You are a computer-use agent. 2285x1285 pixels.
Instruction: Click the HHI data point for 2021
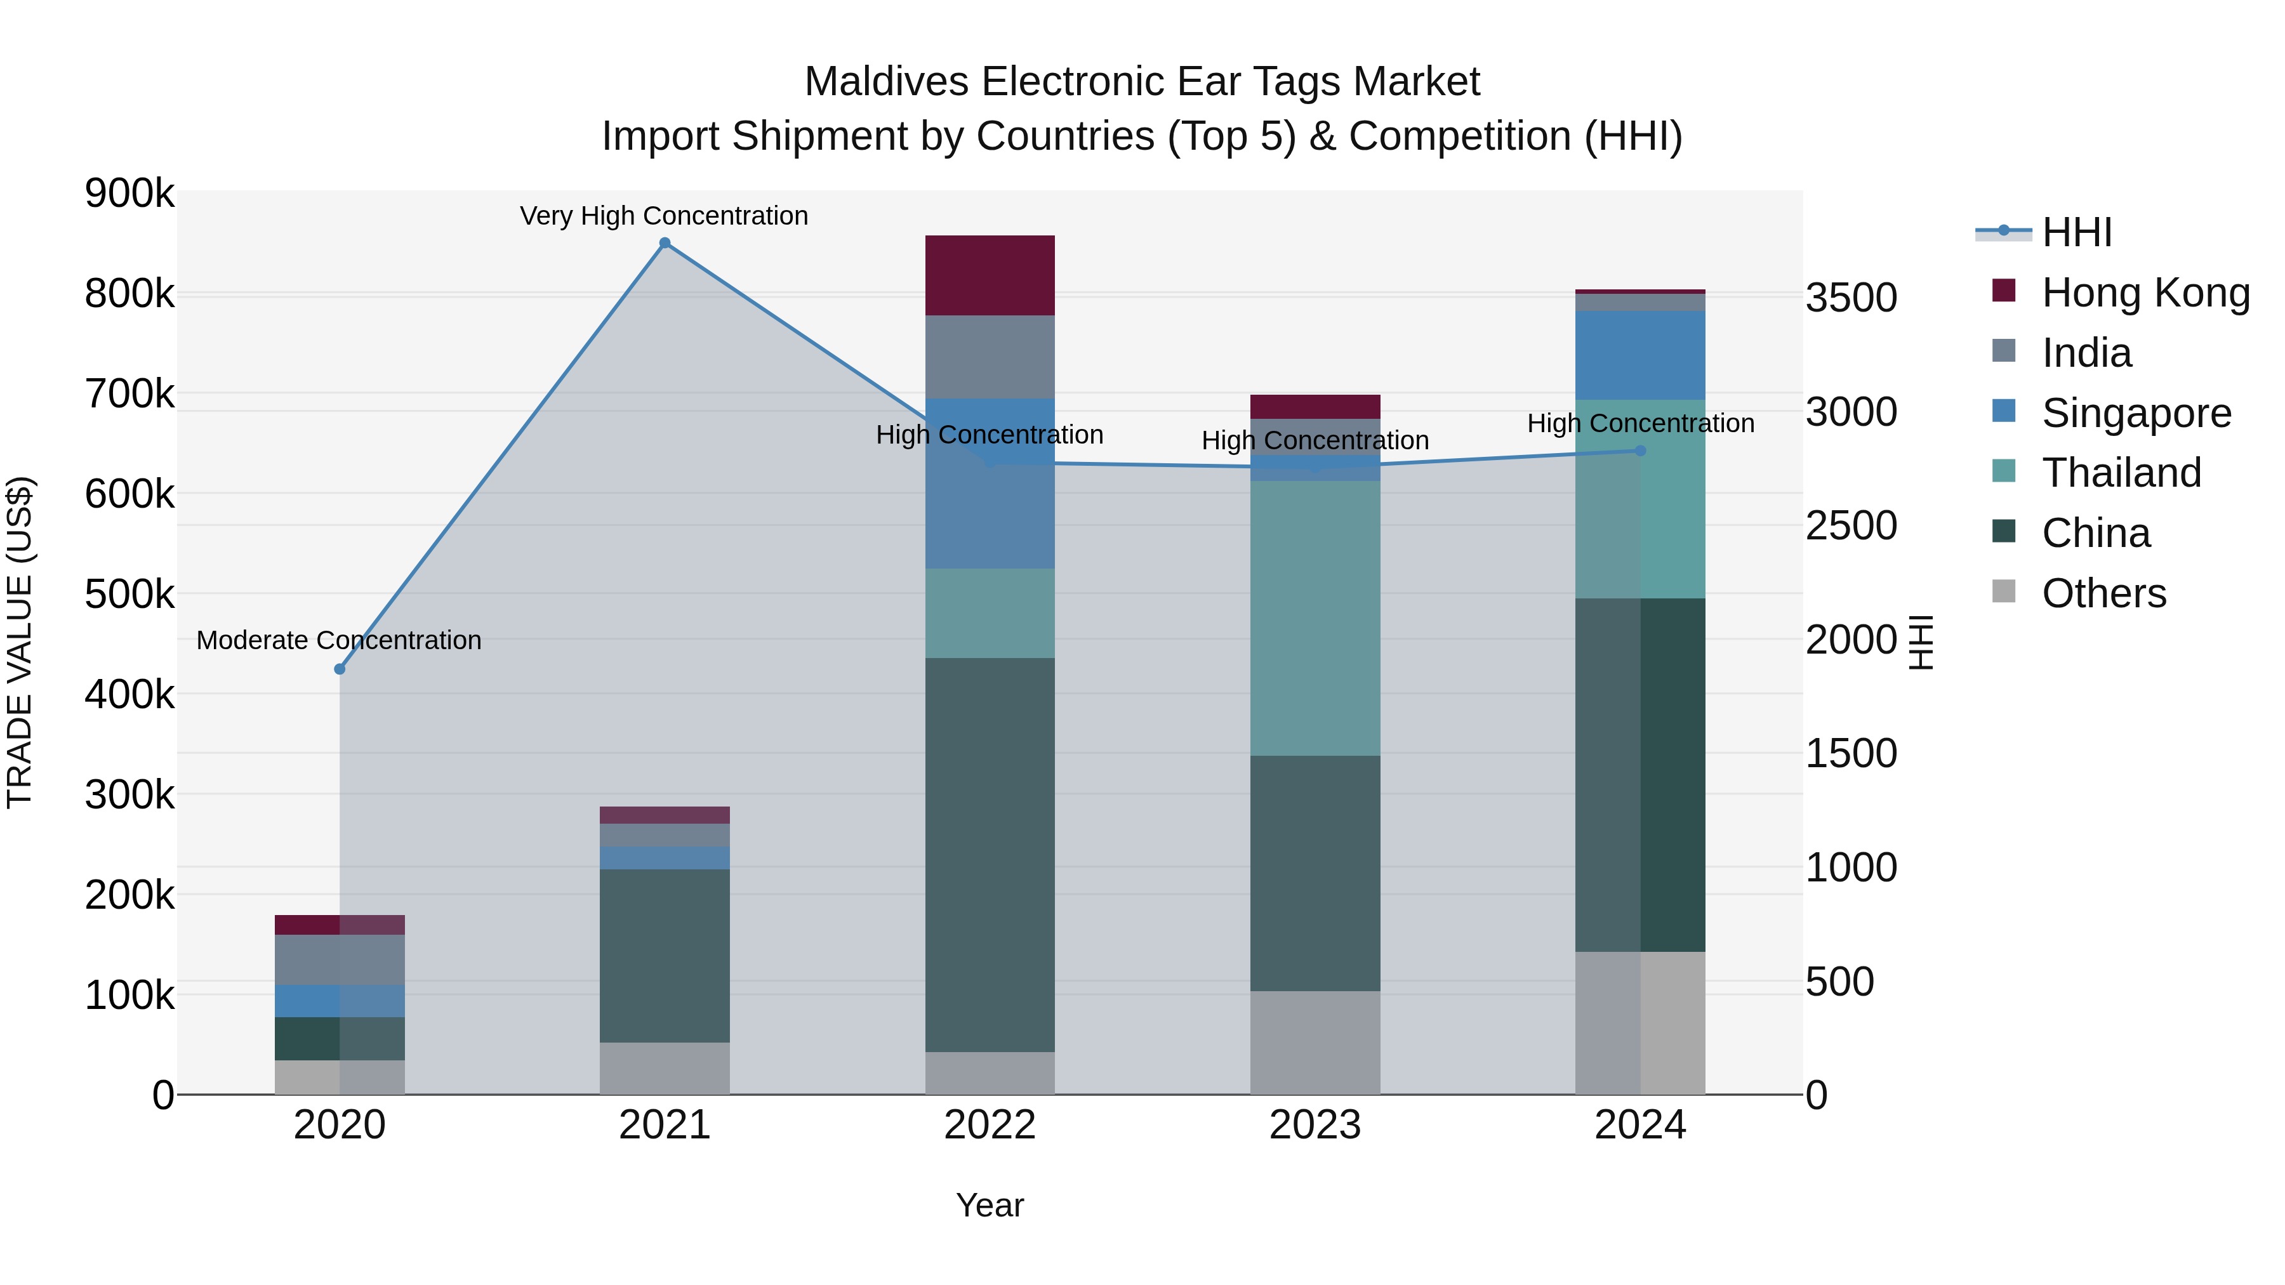tap(665, 243)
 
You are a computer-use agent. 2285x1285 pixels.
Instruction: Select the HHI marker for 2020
tap(340, 669)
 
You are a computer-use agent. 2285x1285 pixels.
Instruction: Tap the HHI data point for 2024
tap(1640, 451)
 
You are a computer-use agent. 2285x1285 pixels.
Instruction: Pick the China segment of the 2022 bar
tap(990, 854)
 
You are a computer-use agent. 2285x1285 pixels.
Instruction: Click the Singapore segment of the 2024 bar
tap(1640, 355)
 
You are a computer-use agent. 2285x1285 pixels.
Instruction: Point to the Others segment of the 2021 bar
tap(665, 1068)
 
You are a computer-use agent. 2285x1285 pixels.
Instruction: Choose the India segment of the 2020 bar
tap(340, 959)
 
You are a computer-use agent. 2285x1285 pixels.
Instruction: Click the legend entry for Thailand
tap(2121, 473)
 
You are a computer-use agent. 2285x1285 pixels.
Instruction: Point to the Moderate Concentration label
tap(339, 640)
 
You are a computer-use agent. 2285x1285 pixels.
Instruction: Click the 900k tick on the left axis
tap(129, 194)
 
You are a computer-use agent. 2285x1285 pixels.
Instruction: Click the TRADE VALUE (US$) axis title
tap(20, 642)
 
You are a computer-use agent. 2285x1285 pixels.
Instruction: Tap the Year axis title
tap(990, 1205)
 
